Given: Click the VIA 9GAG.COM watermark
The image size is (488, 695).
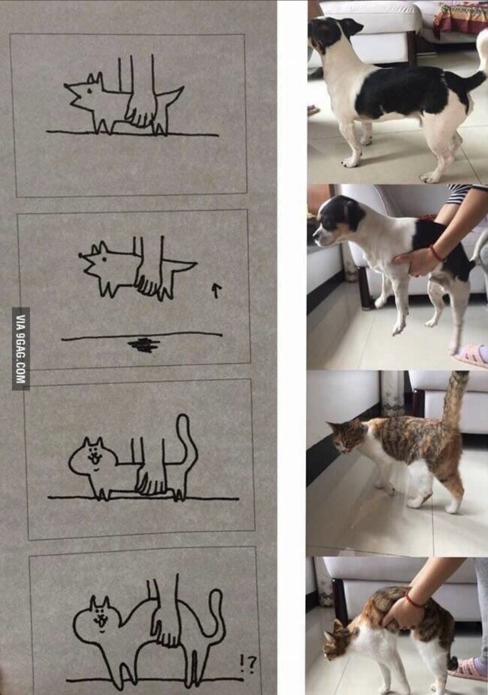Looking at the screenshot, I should point(21,349).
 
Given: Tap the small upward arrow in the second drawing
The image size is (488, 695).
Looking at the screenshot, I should point(215,291).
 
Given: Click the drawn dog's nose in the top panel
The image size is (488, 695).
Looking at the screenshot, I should point(66,85).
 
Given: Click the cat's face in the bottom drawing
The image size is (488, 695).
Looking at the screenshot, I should point(100,619).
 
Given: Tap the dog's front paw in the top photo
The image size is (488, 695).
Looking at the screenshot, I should point(350,161).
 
